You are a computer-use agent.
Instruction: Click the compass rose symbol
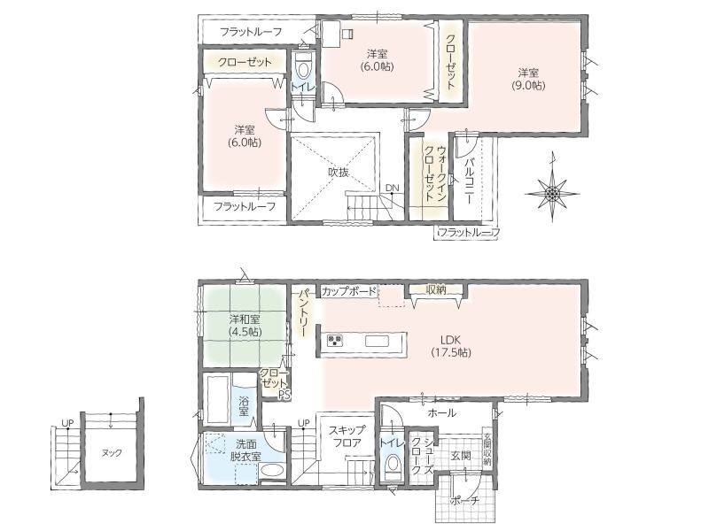(551, 192)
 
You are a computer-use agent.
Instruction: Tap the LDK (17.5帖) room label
(450, 346)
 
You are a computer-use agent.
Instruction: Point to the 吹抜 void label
(339, 172)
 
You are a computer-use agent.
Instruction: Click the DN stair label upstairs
(392, 188)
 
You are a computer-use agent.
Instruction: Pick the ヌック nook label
(112, 453)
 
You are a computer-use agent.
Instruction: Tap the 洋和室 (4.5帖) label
(245, 326)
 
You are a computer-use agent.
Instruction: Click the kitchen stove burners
(336, 340)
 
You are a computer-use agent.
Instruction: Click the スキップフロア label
(347, 436)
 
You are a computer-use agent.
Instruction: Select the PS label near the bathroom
(284, 395)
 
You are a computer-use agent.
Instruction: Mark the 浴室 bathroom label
(244, 406)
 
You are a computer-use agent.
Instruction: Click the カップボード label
(348, 291)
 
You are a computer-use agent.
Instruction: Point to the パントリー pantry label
(302, 312)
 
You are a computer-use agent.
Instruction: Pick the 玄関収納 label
(487, 450)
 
